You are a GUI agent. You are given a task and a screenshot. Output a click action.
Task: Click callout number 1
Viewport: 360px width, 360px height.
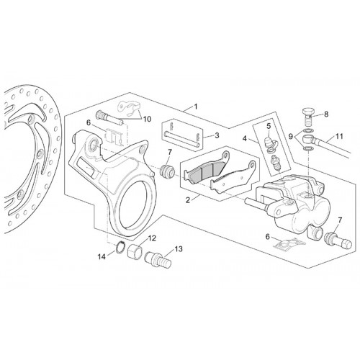196,107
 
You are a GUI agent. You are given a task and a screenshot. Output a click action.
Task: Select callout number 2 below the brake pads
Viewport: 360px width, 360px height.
188,200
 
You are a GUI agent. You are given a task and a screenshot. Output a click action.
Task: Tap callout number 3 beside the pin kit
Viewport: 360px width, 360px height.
217,135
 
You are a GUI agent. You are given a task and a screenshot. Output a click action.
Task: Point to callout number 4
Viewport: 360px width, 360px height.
245,138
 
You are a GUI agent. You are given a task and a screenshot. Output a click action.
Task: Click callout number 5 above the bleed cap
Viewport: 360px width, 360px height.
268,125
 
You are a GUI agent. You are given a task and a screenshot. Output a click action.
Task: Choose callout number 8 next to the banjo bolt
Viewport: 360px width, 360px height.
326,114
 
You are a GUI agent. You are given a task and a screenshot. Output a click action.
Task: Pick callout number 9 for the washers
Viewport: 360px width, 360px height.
291,137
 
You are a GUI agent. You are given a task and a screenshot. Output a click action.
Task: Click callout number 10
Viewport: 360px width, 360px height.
147,119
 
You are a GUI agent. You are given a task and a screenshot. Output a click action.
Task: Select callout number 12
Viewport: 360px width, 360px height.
152,238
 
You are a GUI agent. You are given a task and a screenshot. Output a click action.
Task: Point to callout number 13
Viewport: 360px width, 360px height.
179,249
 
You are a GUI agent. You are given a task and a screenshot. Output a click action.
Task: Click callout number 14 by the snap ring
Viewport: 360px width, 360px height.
102,257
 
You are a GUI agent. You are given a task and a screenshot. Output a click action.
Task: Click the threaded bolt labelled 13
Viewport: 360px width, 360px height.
158,258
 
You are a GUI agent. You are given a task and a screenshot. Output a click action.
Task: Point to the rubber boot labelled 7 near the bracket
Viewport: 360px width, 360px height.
168,171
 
